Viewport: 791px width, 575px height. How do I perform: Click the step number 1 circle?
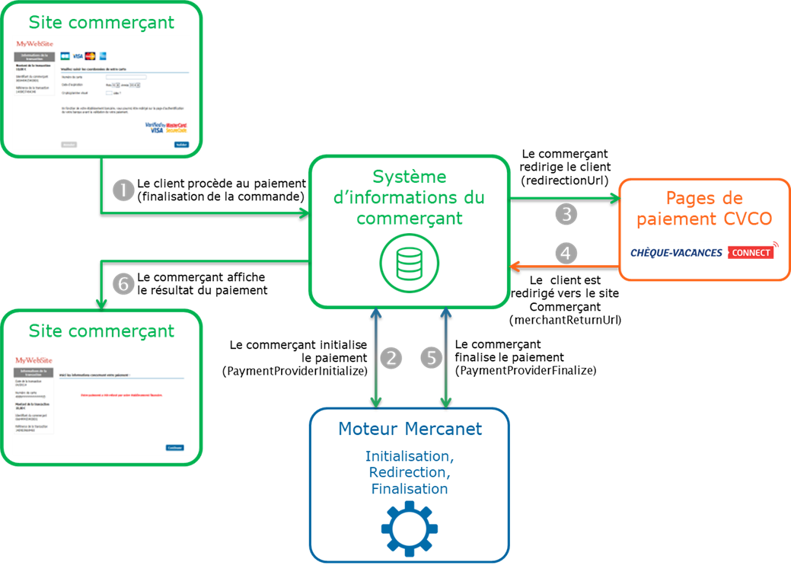tap(123, 190)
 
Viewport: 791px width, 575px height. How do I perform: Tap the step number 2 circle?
tap(391, 358)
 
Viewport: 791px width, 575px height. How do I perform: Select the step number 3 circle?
tap(566, 214)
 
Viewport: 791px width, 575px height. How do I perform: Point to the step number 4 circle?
tap(566, 252)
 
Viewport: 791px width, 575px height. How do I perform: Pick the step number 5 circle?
tap(432, 358)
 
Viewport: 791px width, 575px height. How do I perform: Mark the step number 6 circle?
tap(123, 284)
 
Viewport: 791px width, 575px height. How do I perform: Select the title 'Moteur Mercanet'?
tap(410, 429)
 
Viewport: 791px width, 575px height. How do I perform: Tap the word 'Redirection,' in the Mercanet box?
tap(410, 472)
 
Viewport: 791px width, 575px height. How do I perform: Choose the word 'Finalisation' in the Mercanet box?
tap(410, 489)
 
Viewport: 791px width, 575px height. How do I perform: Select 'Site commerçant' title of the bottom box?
tap(101, 331)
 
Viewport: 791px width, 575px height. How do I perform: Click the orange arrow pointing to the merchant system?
tap(563, 267)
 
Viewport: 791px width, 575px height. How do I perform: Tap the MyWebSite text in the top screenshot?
tap(36, 44)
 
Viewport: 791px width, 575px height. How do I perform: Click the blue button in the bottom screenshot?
tap(174, 447)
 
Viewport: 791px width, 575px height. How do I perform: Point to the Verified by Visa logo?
tap(155, 126)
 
